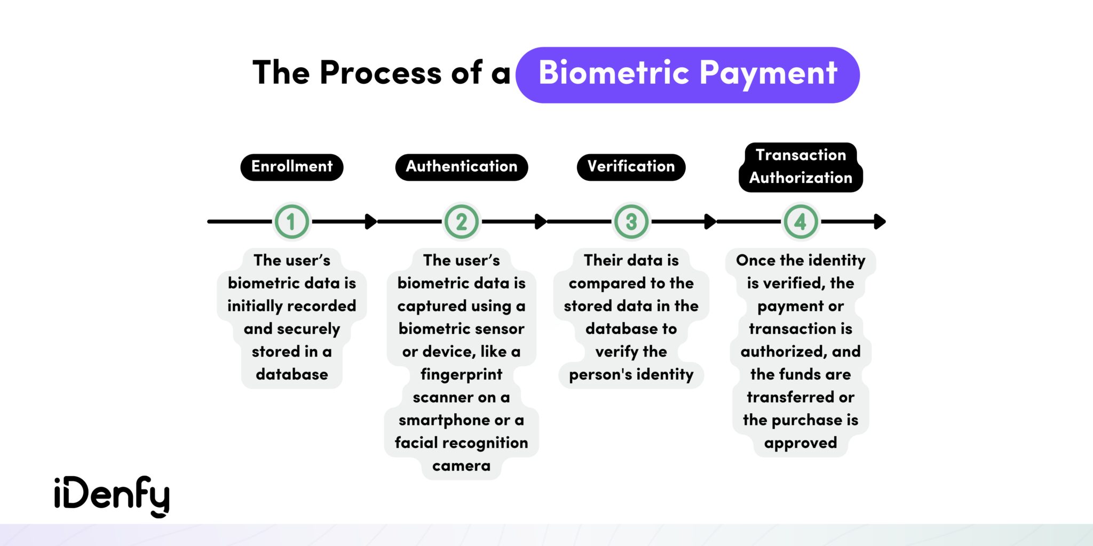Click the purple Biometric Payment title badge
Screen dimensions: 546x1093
[x=687, y=75]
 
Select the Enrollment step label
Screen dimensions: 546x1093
[x=292, y=167]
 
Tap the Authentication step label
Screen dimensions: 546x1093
[x=462, y=167]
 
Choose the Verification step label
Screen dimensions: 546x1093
[x=631, y=167]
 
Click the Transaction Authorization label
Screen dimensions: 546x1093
[x=801, y=167]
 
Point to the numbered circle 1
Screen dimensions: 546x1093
[x=291, y=221]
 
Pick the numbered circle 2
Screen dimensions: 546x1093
[x=462, y=221]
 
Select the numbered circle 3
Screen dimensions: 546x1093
[x=631, y=221]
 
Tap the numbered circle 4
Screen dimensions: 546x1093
[x=801, y=221]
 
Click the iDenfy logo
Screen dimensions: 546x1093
[x=112, y=496]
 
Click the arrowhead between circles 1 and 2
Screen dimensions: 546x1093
[x=371, y=221]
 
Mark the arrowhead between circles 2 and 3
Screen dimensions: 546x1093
[x=541, y=221]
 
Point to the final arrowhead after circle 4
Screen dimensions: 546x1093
[x=880, y=221]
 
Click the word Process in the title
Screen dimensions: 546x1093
[x=381, y=73]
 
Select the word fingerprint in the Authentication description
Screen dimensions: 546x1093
[x=462, y=375]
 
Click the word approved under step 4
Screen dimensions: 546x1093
[x=801, y=444]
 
